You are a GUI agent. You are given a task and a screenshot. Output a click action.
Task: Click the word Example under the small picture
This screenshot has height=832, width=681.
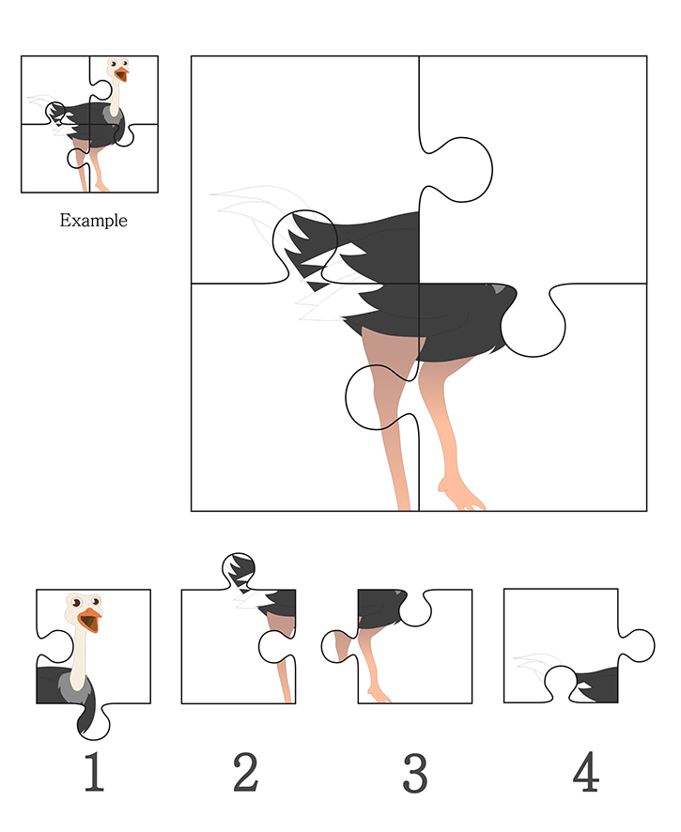(93, 220)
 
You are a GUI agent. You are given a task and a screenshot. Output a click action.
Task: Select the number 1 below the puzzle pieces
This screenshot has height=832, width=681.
(94, 772)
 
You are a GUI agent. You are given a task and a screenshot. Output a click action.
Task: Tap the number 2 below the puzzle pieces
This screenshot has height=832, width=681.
(245, 772)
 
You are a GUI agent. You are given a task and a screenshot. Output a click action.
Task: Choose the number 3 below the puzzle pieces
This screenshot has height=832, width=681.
(415, 773)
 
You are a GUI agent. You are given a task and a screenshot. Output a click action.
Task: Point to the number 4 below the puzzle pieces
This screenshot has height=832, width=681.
(586, 772)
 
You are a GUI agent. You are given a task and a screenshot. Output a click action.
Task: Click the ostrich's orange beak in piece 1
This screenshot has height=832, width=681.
(90, 620)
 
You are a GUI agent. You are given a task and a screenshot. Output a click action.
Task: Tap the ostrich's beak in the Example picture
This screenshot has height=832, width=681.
(122, 74)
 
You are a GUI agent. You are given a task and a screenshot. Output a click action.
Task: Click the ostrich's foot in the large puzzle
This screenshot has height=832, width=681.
(460, 495)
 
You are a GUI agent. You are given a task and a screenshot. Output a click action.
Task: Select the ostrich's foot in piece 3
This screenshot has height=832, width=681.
(379, 695)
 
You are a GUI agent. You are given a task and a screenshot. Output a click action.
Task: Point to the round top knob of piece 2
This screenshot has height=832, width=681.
(239, 568)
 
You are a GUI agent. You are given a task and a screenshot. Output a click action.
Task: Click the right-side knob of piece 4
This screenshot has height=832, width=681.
(637, 646)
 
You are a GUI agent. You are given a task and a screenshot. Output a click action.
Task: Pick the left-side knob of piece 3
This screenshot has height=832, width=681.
(337, 646)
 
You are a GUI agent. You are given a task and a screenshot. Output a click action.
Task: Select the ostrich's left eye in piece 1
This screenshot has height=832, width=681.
(76, 603)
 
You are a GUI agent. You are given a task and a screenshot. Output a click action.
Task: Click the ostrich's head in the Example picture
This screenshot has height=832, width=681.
(117, 69)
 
